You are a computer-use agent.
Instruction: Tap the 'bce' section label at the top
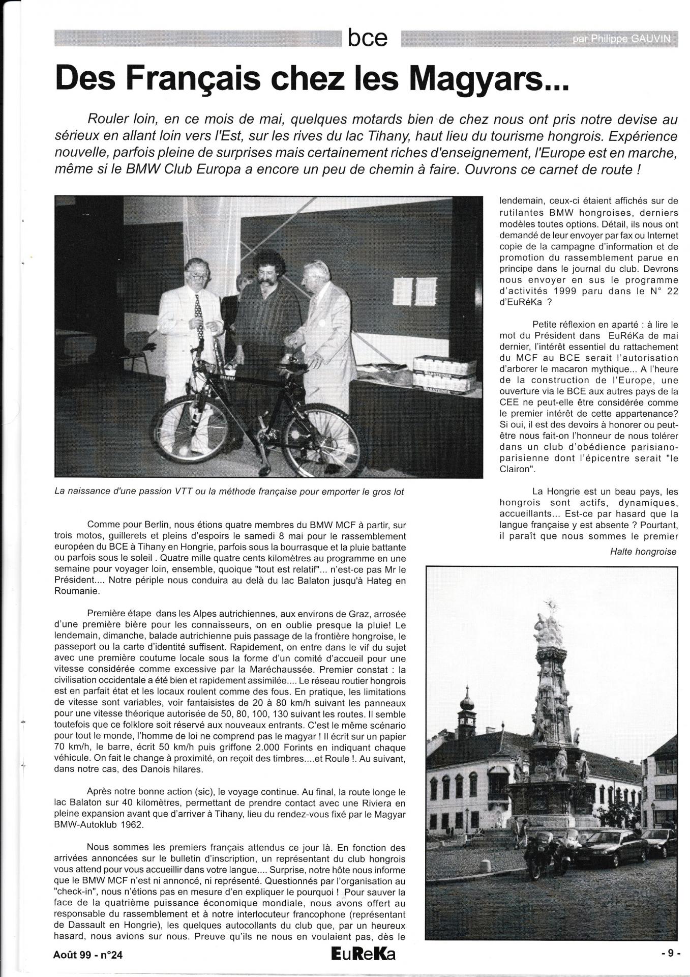tap(368, 38)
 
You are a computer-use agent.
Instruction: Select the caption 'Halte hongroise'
tap(643, 552)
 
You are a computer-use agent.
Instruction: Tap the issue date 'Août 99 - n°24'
tap(87, 955)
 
